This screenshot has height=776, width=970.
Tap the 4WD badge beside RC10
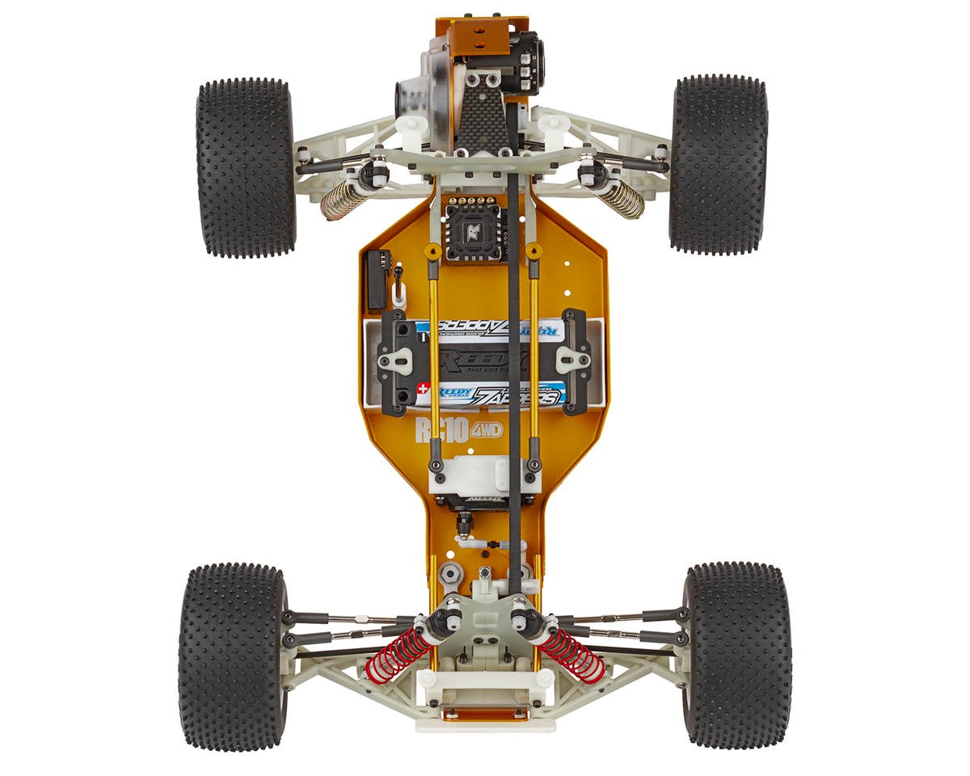pyautogui.click(x=486, y=429)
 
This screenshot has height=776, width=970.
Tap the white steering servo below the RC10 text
pyautogui.click(x=483, y=474)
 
